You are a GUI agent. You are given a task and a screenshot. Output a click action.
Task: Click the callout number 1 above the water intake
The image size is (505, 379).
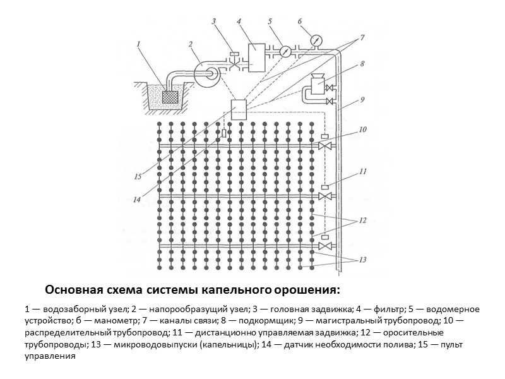point(138,44)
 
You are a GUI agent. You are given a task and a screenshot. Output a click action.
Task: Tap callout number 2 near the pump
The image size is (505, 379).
point(190,44)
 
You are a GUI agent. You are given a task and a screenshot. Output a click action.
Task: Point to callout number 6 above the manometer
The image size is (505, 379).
point(300,21)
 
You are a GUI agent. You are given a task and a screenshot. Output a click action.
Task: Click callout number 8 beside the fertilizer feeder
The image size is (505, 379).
point(362,64)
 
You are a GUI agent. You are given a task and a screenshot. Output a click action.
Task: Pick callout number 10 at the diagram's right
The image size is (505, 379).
point(362,129)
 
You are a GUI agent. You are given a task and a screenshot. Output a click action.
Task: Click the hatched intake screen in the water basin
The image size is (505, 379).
point(170,97)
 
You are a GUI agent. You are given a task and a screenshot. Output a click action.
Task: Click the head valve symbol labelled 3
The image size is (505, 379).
point(235,63)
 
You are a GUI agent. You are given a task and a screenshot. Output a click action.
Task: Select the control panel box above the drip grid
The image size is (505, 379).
point(241,111)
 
